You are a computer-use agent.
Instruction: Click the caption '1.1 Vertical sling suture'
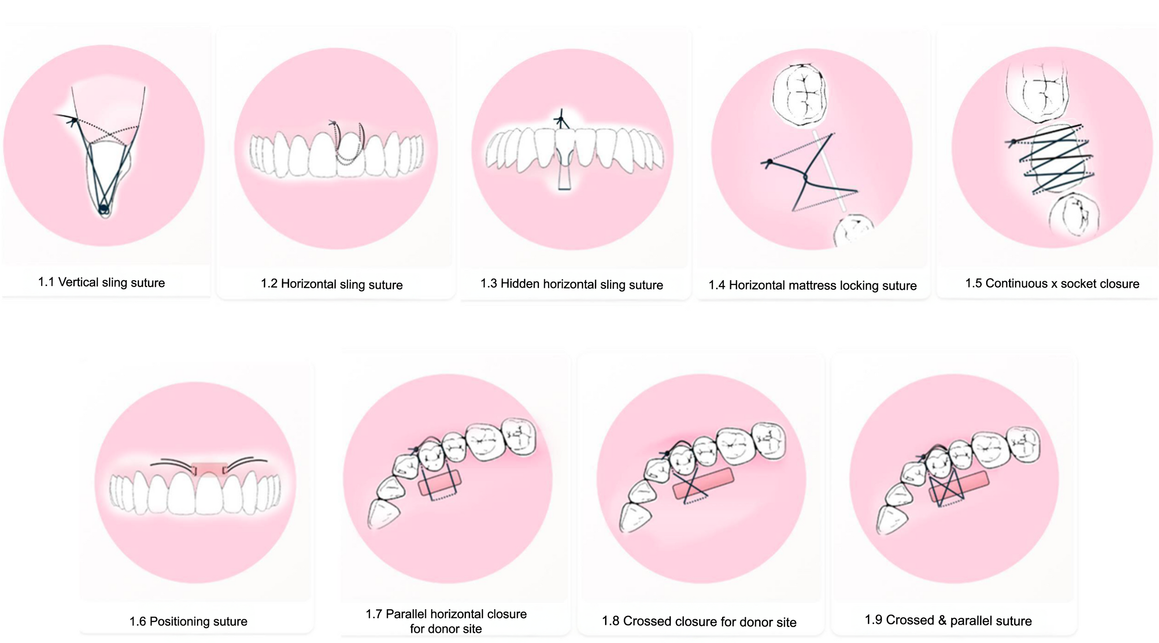[x=101, y=283]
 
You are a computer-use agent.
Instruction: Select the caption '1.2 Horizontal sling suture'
[x=332, y=284]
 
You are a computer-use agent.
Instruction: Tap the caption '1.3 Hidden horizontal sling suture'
[x=572, y=284]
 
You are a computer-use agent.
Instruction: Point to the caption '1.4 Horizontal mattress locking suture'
[x=812, y=286]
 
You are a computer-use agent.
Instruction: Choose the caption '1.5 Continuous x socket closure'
[x=1052, y=284]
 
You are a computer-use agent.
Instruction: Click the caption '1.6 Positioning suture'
[x=188, y=621]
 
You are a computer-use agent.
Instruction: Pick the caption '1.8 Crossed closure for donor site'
[x=699, y=622]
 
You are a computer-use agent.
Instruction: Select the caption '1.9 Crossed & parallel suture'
[x=948, y=620]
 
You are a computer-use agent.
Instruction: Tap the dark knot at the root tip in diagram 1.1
[x=103, y=209]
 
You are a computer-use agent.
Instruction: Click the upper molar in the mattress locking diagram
[x=799, y=94]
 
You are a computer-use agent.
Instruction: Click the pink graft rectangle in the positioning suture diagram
[x=209, y=469]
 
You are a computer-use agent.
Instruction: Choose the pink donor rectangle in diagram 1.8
[x=703, y=484]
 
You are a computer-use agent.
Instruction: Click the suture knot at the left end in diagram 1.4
[x=769, y=162]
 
